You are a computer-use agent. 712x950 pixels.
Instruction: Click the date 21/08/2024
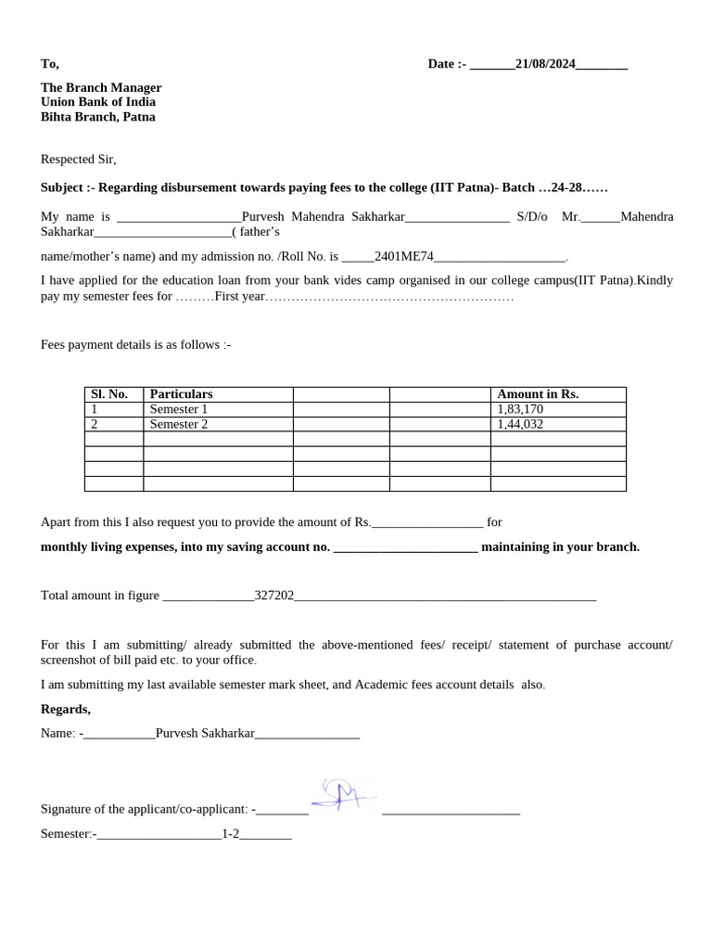coord(545,64)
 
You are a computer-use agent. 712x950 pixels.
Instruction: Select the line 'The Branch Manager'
coord(101,87)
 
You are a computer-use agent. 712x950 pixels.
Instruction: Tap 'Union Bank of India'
coord(98,102)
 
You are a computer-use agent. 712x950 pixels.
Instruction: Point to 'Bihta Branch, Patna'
coord(98,117)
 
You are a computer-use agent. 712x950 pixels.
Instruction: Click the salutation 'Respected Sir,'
coord(79,160)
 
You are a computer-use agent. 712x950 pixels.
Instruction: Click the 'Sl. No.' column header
coord(109,394)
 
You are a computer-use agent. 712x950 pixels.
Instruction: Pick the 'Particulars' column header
coord(181,394)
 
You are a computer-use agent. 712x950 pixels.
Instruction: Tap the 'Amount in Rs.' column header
coord(538,394)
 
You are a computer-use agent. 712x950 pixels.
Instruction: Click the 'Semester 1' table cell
coord(179,409)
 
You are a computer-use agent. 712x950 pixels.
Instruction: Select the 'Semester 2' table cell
coord(179,424)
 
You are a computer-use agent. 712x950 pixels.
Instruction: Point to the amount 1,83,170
coord(520,409)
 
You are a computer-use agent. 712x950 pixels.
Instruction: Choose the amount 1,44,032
coord(520,424)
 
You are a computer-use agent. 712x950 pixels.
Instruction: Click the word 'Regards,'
coord(66,710)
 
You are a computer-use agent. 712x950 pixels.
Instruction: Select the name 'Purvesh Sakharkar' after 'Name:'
coord(205,733)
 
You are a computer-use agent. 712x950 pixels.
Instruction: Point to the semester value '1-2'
coord(230,834)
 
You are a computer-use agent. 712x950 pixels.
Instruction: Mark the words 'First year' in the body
coord(240,297)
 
